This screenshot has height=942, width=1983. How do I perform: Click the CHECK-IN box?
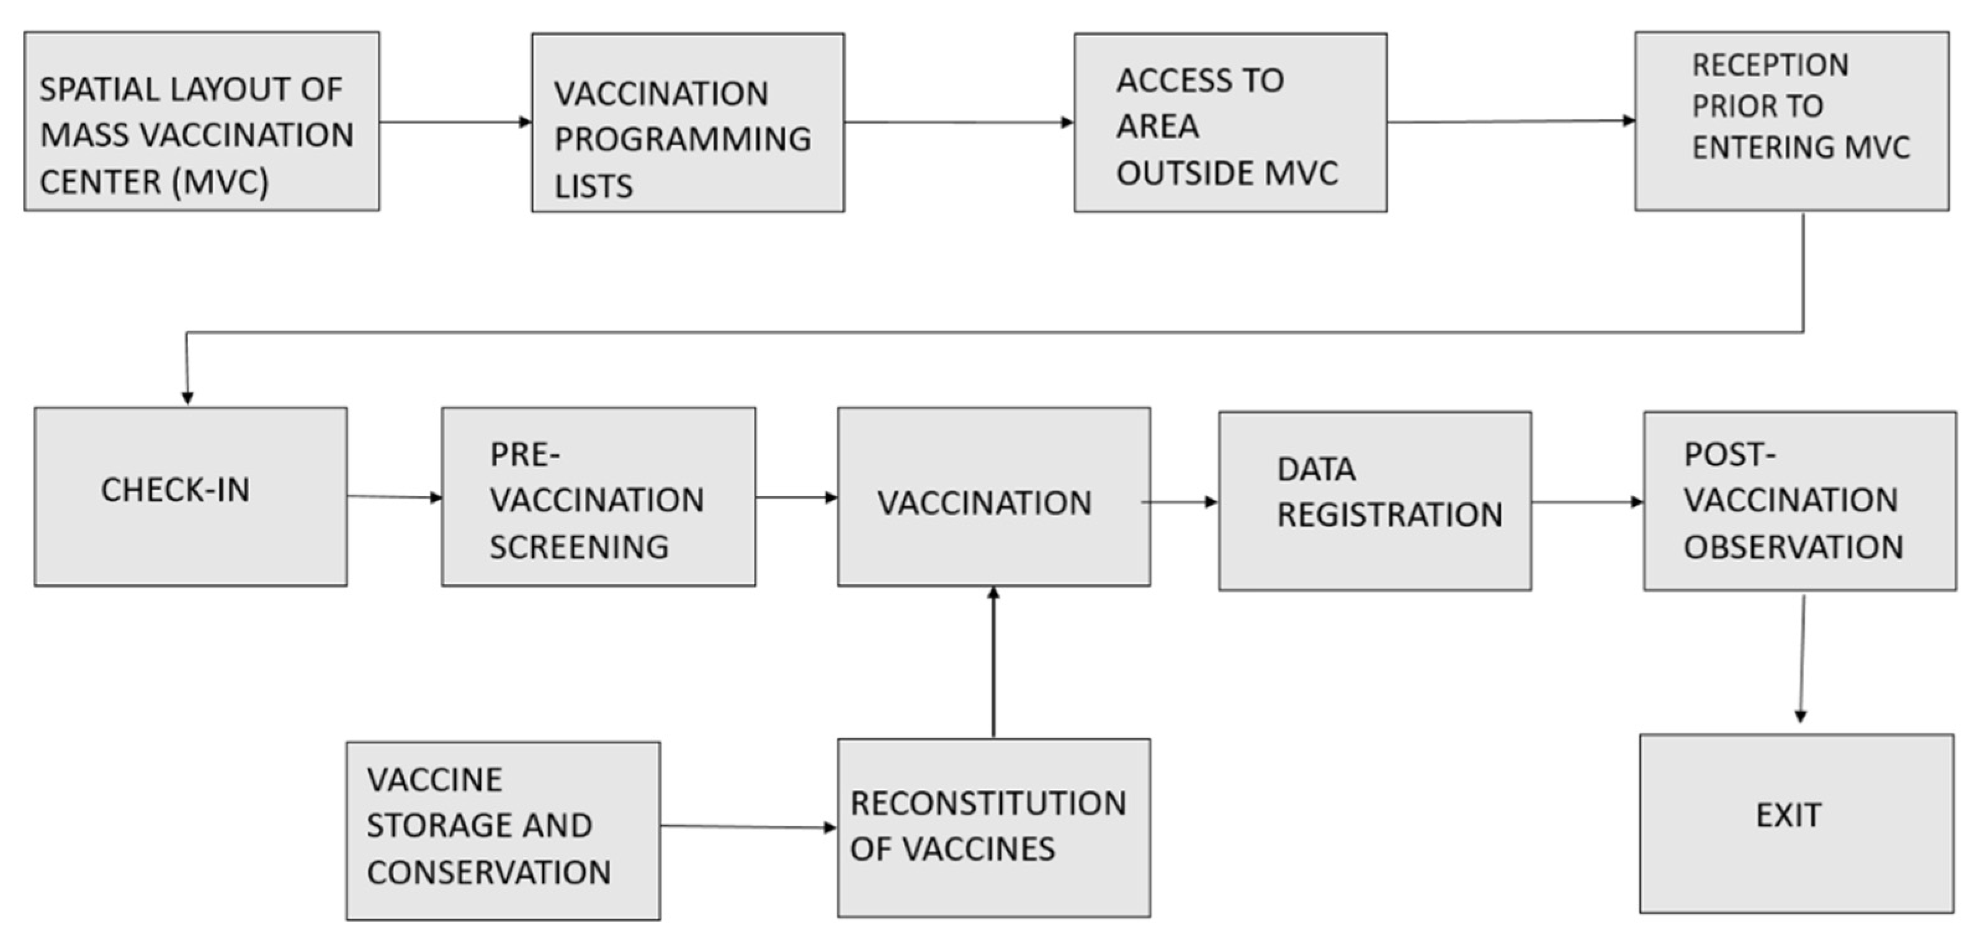[190, 496]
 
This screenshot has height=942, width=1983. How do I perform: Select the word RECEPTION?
[1769, 65]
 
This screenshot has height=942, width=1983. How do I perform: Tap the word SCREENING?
[579, 547]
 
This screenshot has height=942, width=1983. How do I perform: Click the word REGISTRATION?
[1389, 515]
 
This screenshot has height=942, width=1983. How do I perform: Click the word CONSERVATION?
[488, 873]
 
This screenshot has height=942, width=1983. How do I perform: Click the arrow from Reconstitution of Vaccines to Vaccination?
[993, 662]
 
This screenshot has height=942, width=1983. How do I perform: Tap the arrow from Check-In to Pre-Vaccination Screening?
[394, 496]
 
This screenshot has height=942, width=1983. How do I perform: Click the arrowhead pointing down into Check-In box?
[187, 396]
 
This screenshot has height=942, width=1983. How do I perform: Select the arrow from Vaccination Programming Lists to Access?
[959, 122]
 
